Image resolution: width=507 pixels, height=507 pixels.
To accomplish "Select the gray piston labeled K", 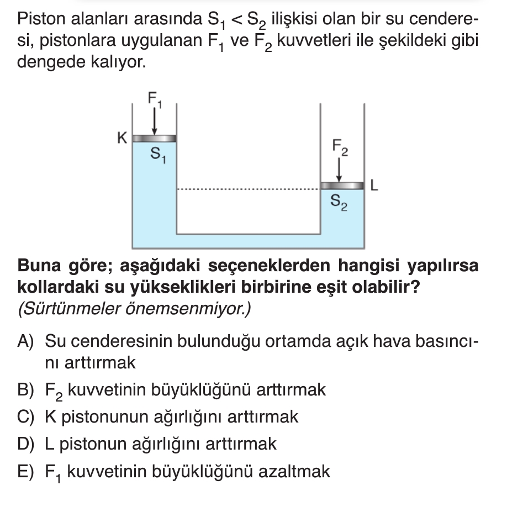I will pyautogui.click(x=154, y=138).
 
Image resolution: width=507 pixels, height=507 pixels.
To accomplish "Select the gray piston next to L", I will pyautogui.click(x=342, y=185).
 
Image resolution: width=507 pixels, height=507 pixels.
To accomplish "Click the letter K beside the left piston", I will pyautogui.click(x=122, y=137).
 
